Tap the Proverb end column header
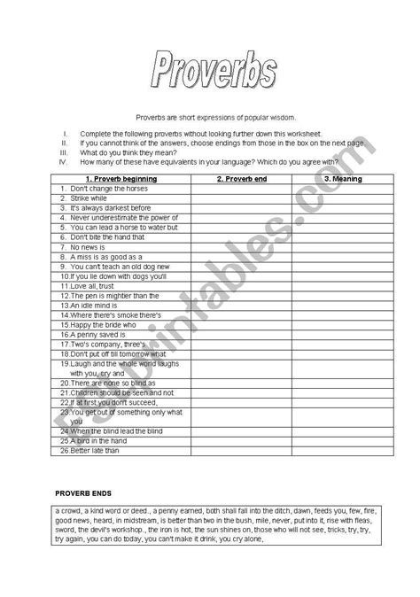pyautogui.click(x=241, y=178)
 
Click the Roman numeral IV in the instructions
pyautogui.click(x=63, y=161)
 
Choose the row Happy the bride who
pyautogui.click(x=98, y=324)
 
